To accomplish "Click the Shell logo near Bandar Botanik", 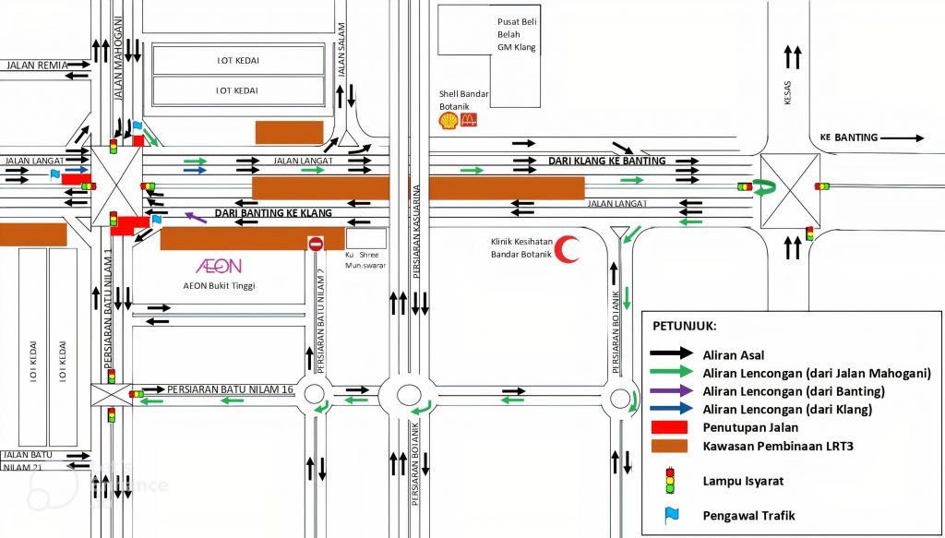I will tap(448, 121).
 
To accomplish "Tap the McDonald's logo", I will tap(468, 120).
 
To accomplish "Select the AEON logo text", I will tap(219, 266).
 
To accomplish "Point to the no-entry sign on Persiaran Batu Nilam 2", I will tap(316, 244).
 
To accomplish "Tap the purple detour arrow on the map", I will tap(195, 217).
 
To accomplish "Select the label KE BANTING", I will tap(849, 137).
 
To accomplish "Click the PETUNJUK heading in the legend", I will tap(685, 326).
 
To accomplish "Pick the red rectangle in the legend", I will tap(670, 427).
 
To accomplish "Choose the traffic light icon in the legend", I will tap(670, 481).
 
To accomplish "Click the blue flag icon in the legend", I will tap(671, 515).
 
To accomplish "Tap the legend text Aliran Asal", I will tap(733, 353).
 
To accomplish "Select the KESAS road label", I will tap(787, 96).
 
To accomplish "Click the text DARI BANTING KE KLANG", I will tap(272, 213).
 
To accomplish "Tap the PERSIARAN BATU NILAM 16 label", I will tap(231, 389).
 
